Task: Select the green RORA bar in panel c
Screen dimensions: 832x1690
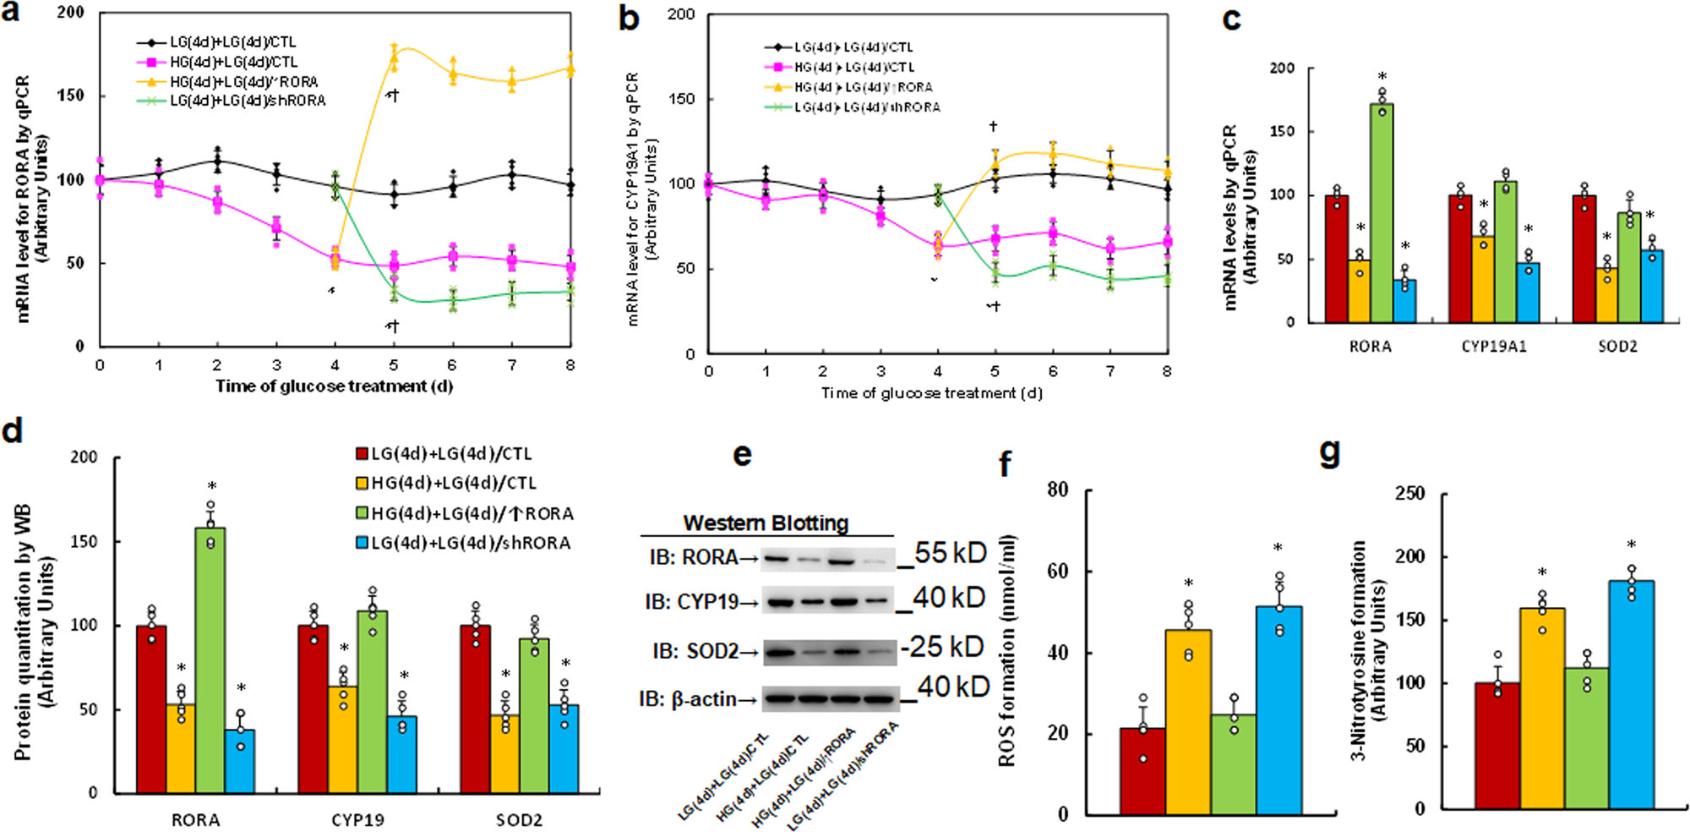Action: click(x=1382, y=211)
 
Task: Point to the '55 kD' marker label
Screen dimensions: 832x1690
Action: click(x=949, y=553)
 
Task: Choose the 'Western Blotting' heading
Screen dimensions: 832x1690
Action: click(x=766, y=523)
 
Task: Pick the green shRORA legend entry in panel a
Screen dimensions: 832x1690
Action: click(x=232, y=101)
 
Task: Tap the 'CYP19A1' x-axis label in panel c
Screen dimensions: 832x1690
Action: click(x=1494, y=347)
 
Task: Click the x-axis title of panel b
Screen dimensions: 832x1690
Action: click(x=931, y=393)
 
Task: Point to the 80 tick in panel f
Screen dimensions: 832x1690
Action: click(x=1057, y=490)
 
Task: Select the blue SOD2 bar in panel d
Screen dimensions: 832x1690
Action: click(x=564, y=748)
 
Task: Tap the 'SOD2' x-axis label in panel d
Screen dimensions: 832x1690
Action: click(x=519, y=820)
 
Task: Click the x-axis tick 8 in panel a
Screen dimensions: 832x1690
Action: click(x=570, y=365)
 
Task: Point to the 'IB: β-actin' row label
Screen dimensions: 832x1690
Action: click(x=687, y=699)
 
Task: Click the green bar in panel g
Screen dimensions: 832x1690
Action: click(x=1586, y=740)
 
